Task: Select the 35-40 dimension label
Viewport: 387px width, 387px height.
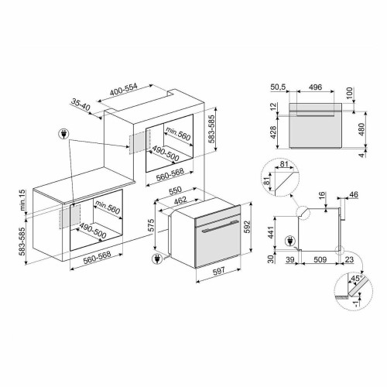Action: click(82, 102)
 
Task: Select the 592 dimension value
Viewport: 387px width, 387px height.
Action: click(247, 228)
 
